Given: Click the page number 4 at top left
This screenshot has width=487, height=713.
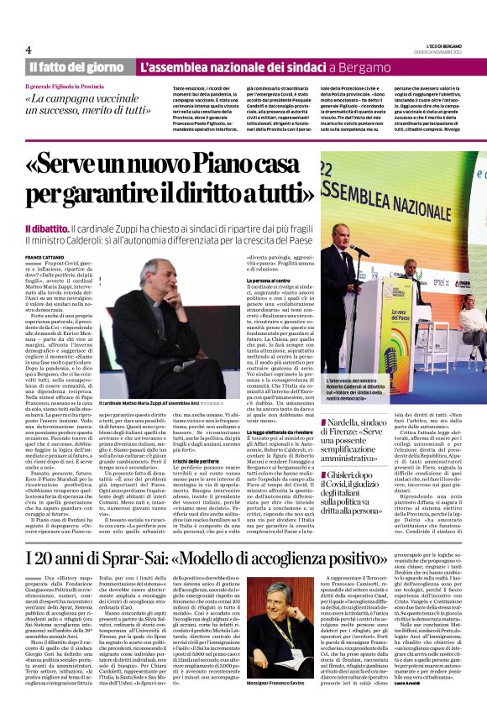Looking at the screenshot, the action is click(x=29, y=50).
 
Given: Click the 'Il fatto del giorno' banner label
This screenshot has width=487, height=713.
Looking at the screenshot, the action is click(x=77, y=66).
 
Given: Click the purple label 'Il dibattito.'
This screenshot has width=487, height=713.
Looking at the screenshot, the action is click(x=52, y=228).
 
